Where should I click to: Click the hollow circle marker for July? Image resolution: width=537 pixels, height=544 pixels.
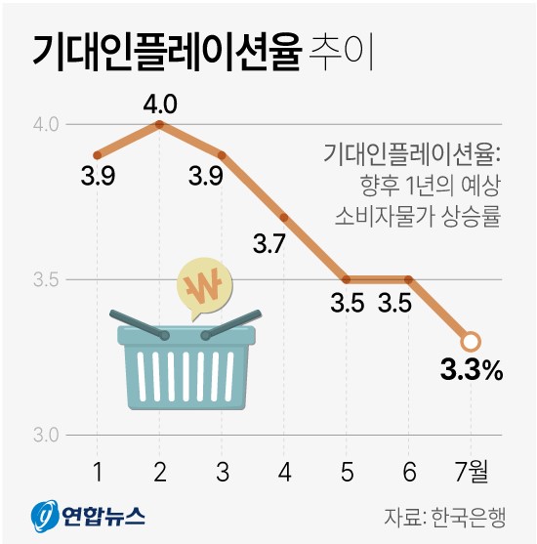pos(471,341)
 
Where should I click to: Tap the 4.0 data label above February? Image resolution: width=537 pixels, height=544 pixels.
pos(159,103)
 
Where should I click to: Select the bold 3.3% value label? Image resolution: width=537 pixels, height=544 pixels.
pos(472,370)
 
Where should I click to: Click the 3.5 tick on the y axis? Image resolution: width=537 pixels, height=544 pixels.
pos(46,280)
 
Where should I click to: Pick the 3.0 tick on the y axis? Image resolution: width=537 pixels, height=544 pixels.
pos(46,435)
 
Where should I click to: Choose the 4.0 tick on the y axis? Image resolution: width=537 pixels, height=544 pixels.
pos(46,125)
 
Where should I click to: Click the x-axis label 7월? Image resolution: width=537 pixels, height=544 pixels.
pos(471,472)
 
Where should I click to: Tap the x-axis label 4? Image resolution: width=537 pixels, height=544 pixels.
pos(284,472)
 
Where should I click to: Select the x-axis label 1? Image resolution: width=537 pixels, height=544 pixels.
pos(98,472)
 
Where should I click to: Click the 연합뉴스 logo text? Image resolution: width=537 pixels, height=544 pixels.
pos(103,515)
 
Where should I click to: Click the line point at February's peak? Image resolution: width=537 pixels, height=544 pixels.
pos(159,124)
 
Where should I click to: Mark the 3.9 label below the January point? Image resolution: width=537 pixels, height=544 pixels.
pos(98,178)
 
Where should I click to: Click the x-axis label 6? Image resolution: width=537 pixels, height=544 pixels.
pos(408,472)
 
